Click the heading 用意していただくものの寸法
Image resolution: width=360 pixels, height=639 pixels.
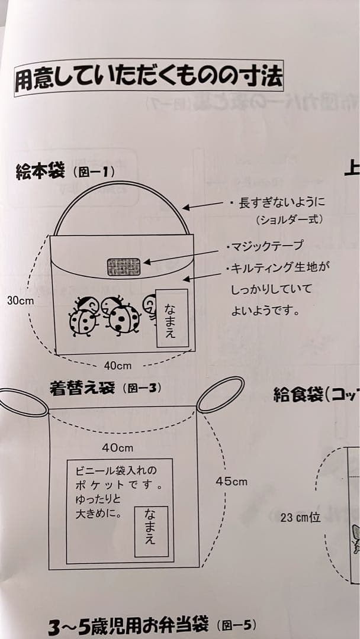pyautogui.click(x=149, y=78)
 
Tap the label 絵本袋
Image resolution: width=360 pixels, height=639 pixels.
pyautogui.click(x=40, y=173)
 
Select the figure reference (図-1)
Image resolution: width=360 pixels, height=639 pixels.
pyautogui.click(x=94, y=173)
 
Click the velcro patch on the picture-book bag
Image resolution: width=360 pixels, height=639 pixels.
pyautogui.click(x=124, y=267)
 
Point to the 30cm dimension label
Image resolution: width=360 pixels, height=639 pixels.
pyautogui.click(x=20, y=301)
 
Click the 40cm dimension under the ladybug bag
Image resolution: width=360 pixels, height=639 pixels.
pyautogui.click(x=118, y=366)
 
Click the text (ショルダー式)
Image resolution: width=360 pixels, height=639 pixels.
pyautogui.click(x=290, y=220)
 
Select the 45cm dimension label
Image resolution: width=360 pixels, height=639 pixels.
pyautogui.click(x=232, y=482)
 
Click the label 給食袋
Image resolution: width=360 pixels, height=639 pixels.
pyautogui.click(x=298, y=395)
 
